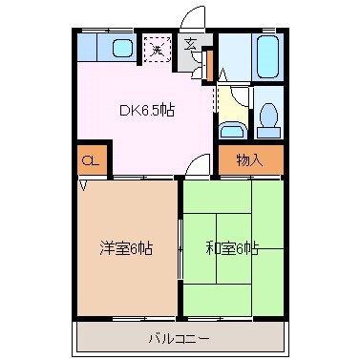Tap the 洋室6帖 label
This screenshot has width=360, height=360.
(127, 248)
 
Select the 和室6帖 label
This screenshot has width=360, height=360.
(232, 248)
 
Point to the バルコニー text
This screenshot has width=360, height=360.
(179, 337)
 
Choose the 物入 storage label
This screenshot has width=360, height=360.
(249, 160)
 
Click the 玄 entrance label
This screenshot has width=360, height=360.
(191, 43)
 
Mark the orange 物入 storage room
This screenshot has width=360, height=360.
(249, 160)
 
